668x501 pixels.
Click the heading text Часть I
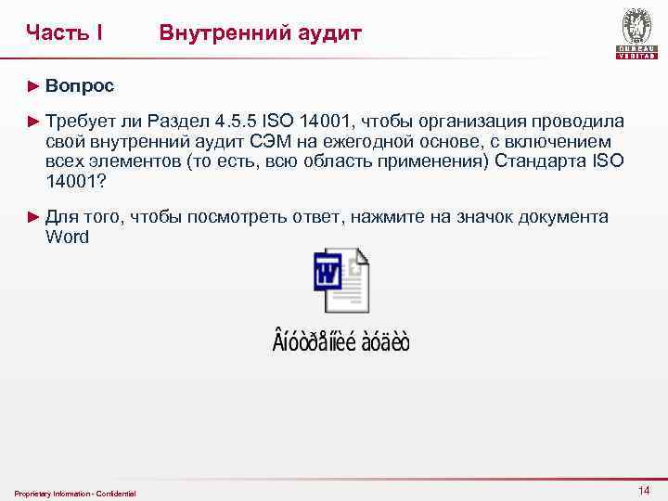pyautogui.click(x=64, y=33)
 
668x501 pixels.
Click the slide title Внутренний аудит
pyautogui.click(x=260, y=33)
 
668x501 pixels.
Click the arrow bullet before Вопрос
pyautogui.click(x=35, y=86)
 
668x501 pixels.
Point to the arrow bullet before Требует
pyautogui.click(x=35, y=122)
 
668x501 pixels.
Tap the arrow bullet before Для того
pyautogui.click(x=35, y=217)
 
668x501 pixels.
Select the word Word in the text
pyautogui.click(x=67, y=237)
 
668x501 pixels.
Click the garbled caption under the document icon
pyautogui.click(x=340, y=341)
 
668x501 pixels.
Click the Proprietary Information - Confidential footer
pyautogui.click(x=75, y=493)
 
